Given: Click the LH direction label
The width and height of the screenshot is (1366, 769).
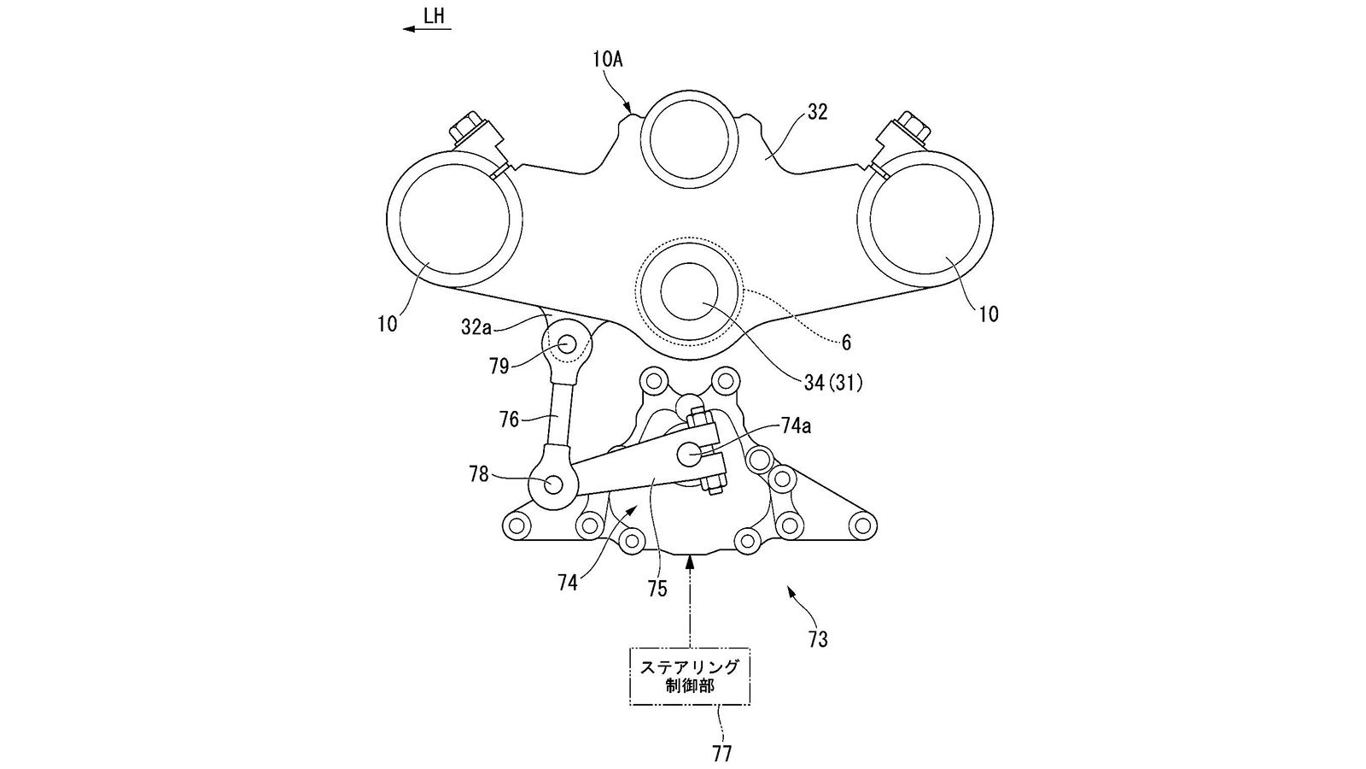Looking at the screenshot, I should [x=434, y=15].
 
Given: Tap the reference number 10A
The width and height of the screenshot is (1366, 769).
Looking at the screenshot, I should [x=607, y=59].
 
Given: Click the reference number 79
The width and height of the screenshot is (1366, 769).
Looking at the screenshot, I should [x=499, y=366].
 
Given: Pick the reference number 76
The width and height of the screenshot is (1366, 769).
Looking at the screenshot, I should [x=509, y=420].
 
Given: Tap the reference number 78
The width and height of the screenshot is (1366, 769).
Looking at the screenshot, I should [x=479, y=473].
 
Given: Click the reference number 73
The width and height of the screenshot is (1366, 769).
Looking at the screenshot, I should [x=817, y=639].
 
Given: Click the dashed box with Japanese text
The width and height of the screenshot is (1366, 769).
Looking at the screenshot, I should [x=689, y=676].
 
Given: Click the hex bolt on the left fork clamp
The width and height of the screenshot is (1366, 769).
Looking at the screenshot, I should [x=467, y=130].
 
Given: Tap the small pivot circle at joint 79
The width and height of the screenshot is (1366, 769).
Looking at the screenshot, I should [x=567, y=343].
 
